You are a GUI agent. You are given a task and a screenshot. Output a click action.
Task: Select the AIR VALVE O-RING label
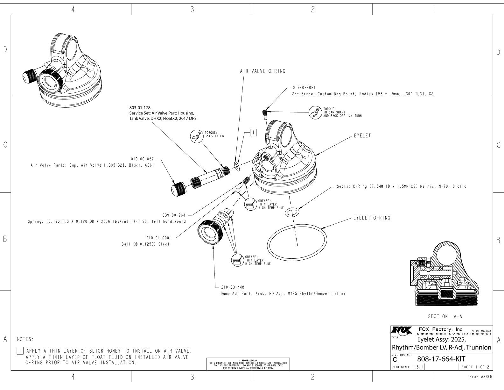pos(262,71)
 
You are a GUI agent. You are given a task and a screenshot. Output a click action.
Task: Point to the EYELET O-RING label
pos(372,218)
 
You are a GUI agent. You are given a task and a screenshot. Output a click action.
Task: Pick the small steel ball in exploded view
pos(238,191)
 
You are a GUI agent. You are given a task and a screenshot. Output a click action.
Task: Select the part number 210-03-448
pos(233,287)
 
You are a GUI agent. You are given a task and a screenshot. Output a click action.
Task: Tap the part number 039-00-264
pos(173,215)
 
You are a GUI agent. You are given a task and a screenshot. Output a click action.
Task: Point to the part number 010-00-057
pos(142,159)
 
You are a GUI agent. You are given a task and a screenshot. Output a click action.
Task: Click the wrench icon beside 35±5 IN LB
pos(195,136)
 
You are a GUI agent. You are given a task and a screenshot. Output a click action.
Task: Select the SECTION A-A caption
pos(445,316)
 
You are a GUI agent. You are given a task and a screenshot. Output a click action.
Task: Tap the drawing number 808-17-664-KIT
pos(441,359)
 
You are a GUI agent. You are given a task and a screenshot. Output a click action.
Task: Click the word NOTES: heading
pos(25,339)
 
